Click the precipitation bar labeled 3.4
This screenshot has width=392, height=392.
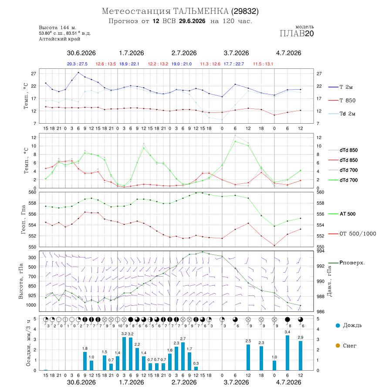[287, 353]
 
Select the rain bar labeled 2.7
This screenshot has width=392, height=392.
[183, 356]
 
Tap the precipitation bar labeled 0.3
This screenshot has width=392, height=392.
[196, 368]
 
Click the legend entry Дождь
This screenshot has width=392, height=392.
[349, 325]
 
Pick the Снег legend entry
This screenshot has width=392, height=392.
[346, 345]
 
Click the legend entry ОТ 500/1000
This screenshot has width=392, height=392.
[352, 234]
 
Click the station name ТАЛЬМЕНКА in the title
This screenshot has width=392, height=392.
[201, 11]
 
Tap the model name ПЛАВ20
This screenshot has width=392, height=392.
[297, 34]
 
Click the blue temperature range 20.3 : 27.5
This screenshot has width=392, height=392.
[77, 64]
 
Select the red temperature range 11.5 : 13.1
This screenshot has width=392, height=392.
[263, 64]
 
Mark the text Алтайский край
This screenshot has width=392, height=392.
[60, 39]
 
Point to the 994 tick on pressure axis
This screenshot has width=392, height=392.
[321, 251]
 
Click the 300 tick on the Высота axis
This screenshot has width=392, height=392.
[32, 257]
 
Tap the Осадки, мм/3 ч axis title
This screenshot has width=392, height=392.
[28, 343]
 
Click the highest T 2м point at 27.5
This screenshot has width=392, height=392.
[78, 72]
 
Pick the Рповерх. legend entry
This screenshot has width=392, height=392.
[347, 263]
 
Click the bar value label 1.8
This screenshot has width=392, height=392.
[85, 348]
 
